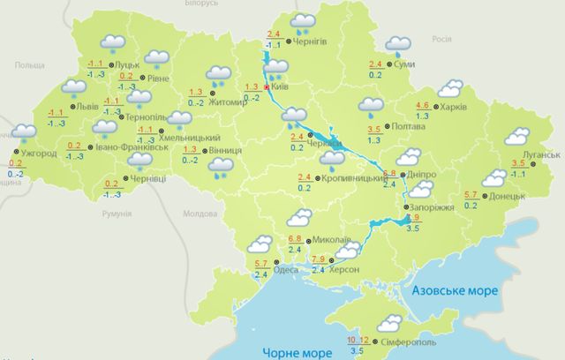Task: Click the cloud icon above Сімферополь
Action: (x=389, y=323)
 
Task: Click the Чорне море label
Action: (x=297, y=352)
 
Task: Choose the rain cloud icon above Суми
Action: (x=397, y=44)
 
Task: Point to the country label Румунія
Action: (x=116, y=214)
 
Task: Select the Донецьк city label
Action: (x=508, y=195)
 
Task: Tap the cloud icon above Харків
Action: (x=451, y=88)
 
